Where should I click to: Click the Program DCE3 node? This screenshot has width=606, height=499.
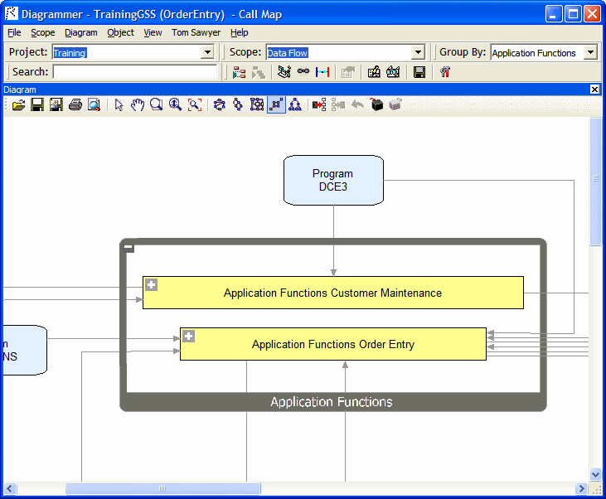pyautogui.click(x=333, y=180)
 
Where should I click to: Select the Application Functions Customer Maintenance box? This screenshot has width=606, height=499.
pyautogui.click(x=332, y=293)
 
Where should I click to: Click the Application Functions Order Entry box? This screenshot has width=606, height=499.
pyautogui.click(x=332, y=344)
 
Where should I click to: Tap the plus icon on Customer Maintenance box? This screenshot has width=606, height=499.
pyautogui.click(x=152, y=285)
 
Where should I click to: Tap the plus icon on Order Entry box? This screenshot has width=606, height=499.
pyautogui.click(x=189, y=337)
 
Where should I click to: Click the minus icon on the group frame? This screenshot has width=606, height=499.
pyautogui.click(x=129, y=247)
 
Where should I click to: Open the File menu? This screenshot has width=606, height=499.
pyautogui.click(x=14, y=33)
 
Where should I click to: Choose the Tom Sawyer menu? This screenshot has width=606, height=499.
pyautogui.click(x=196, y=33)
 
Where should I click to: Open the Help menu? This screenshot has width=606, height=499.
pyautogui.click(x=240, y=33)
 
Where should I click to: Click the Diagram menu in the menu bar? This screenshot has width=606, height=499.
pyautogui.click(x=81, y=33)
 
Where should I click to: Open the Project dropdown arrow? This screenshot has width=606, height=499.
pyautogui.click(x=207, y=52)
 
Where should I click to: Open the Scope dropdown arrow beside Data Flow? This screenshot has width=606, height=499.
pyautogui.click(x=418, y=52)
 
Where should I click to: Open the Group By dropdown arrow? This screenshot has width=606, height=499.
pyautogui.click(x=590, y=52)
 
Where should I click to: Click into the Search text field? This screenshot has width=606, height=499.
pyautogui.click(x=134, y=72)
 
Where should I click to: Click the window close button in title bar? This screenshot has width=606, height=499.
pyautogui.click(x=591, y=14)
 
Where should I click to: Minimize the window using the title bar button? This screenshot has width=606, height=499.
pyautogui.click(x=553, y=14)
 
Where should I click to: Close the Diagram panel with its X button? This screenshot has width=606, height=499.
pyautogui.click(x=594, y=90)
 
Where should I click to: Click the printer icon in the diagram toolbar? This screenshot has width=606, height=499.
pyautogui.click(x=75, y=105)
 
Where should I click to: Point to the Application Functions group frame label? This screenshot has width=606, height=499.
pyautogui.click(x=332, y=402)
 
